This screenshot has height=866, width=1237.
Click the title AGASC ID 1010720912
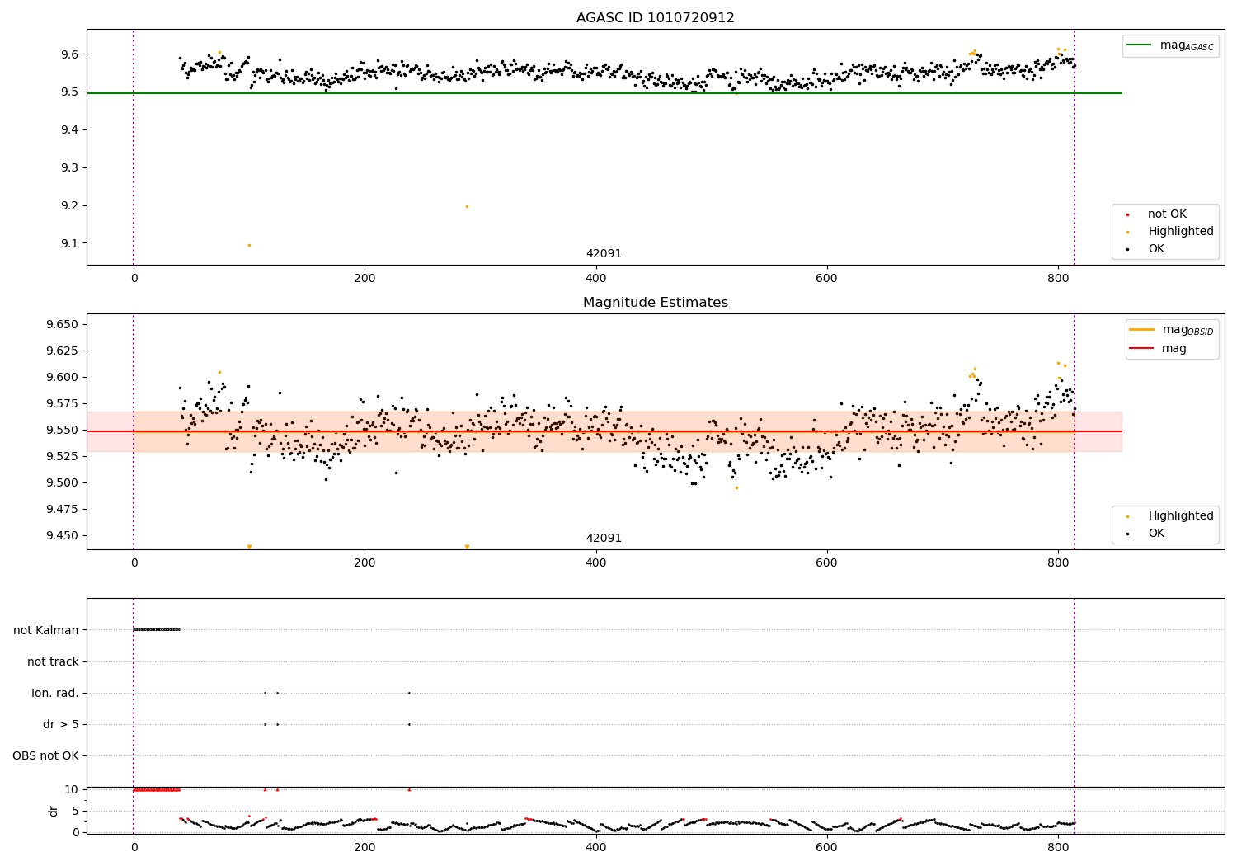pos(655,18)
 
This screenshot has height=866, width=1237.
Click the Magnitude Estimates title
pos(655,303)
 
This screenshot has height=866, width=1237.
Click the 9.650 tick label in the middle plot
pos(62,324)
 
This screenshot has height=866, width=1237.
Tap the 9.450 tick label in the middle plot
pos(62,535)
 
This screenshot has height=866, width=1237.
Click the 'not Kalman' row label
pos(46,630)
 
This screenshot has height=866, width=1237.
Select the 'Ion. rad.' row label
pos(55,693)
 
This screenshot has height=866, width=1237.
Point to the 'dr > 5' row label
pos(61,724)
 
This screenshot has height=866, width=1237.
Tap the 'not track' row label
pos(53,661)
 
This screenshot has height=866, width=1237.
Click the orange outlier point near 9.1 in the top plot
pos(249,245)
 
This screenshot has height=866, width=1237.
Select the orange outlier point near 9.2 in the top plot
pos(467,206)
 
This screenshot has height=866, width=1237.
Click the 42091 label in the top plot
pos(604,254)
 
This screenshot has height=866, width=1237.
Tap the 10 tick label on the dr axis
pos(72,789)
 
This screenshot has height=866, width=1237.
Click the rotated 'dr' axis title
pos(54,811)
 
